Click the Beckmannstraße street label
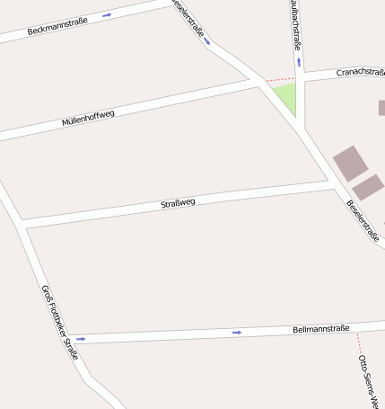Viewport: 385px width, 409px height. [x=57, y=25]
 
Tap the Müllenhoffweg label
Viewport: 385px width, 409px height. [x=88, y=119]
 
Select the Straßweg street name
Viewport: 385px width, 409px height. [x=178, y=203]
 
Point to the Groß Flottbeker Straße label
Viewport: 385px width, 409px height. [x=60, y=322]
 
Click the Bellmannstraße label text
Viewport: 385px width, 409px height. [x=320, y=329]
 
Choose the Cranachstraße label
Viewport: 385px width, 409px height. [x=360, y=72]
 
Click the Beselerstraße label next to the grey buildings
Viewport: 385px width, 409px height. [x=363, y=219]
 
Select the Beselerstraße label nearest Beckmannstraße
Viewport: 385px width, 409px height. [x=188, y=18]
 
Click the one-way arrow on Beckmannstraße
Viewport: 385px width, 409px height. [x=107, y=15]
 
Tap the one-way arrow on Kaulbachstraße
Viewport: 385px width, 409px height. [x=299, y=62]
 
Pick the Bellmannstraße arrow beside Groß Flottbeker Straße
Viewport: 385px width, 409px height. [x=80, y=339]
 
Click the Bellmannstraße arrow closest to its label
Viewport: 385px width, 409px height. [x=237, y=333]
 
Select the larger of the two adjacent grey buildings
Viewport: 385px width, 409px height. [x=350, y=163]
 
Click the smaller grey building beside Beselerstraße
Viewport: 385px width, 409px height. [x=368, y=187]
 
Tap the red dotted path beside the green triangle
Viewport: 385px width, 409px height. [x=279, y=80]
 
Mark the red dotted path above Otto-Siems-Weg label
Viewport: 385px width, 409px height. [x=358, y=342]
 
